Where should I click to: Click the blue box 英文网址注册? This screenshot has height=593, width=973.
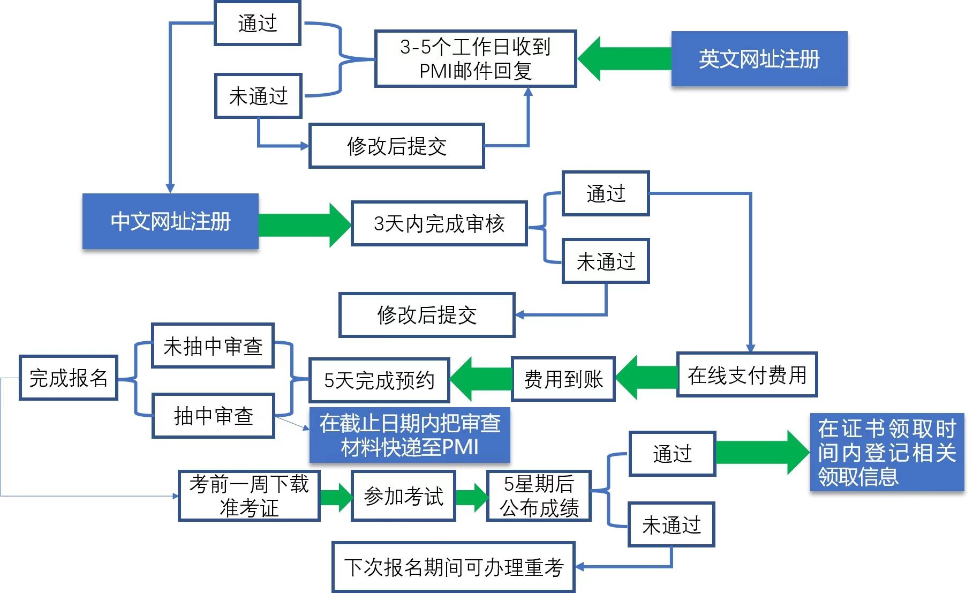(759, 59)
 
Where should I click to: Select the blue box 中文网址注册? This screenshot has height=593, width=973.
(170, 221)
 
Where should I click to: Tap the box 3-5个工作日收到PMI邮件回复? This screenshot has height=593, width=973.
(476, 59)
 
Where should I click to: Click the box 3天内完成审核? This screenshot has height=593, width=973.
(439, 224)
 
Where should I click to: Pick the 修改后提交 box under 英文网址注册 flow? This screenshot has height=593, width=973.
(397, 146)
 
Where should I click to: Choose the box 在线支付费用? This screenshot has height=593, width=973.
(747, 375)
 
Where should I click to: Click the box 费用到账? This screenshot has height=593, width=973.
(563, 379)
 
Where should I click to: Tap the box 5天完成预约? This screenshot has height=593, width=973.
(379, 380)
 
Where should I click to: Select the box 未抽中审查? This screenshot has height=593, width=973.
(213, 346)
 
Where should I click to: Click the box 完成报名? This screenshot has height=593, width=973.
(69, 378)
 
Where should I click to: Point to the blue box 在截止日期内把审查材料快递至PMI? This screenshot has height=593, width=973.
(410, 435)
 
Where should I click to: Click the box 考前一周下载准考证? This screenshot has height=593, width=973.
(249, 496)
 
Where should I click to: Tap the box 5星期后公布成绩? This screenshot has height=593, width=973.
(539, 496)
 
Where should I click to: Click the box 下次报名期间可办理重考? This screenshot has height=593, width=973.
(454, 567)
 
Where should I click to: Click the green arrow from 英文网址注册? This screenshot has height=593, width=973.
(624, 59)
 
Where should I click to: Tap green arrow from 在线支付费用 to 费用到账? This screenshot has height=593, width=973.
(646, 377)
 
